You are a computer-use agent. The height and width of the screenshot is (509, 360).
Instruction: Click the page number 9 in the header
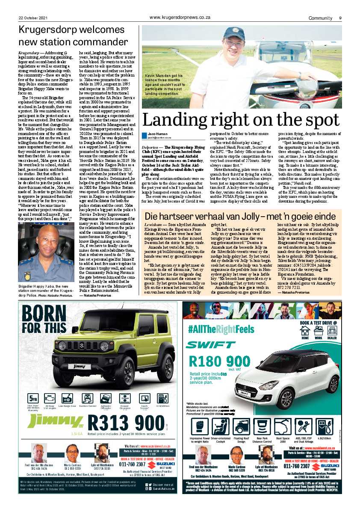pyautogui.click(x=340, y=18)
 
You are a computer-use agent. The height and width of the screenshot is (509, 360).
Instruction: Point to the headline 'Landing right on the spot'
pyautogui.click(x=241, y=120)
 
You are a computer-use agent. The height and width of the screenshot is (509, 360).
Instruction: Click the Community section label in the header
pyautogui.click(x=321, y=18)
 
